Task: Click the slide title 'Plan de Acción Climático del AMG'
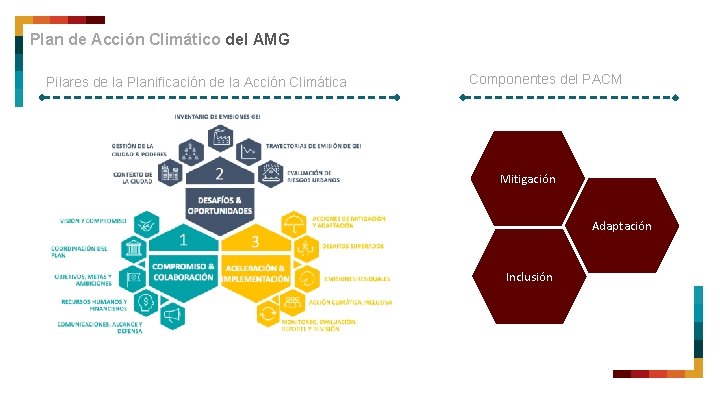point(160,40)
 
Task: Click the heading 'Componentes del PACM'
point(545,79)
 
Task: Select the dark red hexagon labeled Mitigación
point(527,179)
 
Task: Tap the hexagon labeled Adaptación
point(621,226)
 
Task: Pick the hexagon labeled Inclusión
point(528,277)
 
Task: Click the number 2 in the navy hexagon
point(219,174)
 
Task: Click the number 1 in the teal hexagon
point(183,240)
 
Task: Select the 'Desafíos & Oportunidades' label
point(220,206)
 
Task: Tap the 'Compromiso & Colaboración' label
point(183,272)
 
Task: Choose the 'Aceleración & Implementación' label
point(256,273)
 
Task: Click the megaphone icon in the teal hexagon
point(171,316)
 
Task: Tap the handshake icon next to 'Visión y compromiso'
point(146,222)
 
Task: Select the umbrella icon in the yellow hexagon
point(293,222)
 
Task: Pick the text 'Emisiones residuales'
point(357,279)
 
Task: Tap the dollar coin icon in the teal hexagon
point(146,301)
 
